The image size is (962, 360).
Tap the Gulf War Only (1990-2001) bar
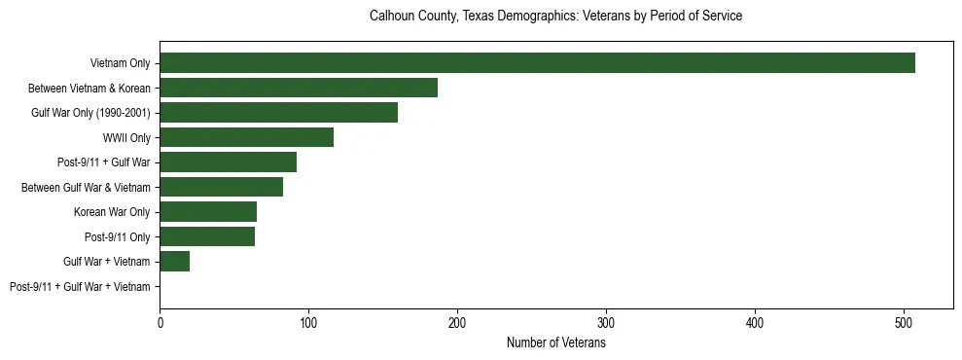click(x=278, y=113)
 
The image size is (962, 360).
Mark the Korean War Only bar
click(x=208, y=212)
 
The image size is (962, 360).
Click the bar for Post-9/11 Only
click(x=207, y=236)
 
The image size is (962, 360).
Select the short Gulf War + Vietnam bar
click(x=175, y=262)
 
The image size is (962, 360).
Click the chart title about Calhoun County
click(x=555, y=17)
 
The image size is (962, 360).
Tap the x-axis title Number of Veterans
click(x=556, y=342)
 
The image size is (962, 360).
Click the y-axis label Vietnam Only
click(x=120, y=63)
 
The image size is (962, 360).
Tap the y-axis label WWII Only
click(x=126, y=137)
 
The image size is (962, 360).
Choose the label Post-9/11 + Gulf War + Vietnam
click(x=80, y=287)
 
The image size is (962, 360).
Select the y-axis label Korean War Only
click(x=112, y=212)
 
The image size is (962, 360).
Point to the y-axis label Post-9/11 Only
click(x=118, y=236)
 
